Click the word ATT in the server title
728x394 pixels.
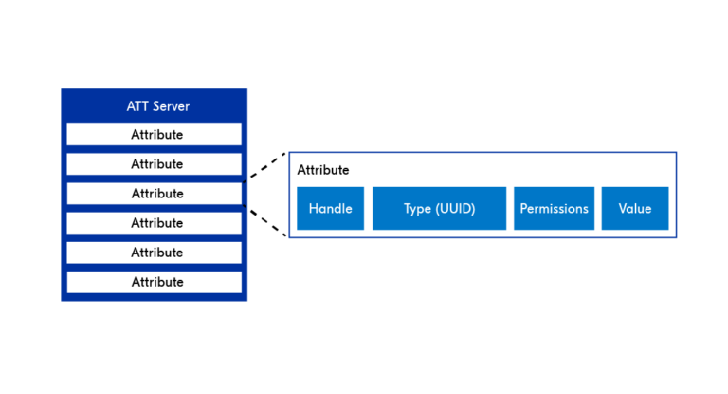(x=138, y=105)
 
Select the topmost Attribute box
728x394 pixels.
(x=154, y=135)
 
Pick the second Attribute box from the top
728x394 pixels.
(x=154, y=164)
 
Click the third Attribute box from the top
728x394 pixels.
(x=154, y=194)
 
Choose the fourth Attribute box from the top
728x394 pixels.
(x=154, y=223)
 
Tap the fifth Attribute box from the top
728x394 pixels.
(x=154, y=253)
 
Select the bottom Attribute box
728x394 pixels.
(x=154, y=282)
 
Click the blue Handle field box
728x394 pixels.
(x=330, y=208)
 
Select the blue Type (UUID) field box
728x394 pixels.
(x=439, y=208)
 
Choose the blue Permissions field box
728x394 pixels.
(x=554, y=208)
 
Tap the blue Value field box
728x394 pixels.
(x=635, y=208)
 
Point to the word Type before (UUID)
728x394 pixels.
(x=417, y=209)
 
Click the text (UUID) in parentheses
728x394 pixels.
(x=454, y=209)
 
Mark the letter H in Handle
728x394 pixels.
(x=313, y=209)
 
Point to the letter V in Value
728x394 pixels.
(x=622, y=209)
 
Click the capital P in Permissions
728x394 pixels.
(x=523, y=209)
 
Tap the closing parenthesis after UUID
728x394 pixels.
(x=473, y=209)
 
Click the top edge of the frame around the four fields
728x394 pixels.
(x=482, y=153)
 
